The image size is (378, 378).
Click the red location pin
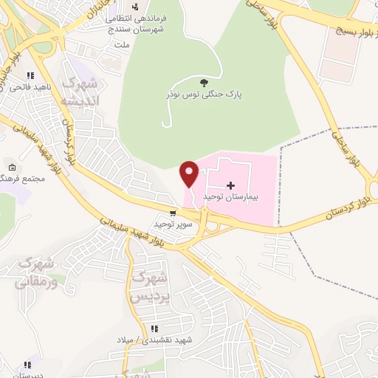coord(190,173)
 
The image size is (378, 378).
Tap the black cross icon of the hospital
coord(230,185)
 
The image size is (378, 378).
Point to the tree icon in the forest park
coord(205,81)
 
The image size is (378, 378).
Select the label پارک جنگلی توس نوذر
coord(205,95)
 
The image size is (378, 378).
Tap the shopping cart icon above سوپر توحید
coord(173,213)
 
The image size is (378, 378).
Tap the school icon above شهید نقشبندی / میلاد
coord(154,329)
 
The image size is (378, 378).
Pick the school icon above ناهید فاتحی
coord(30,75)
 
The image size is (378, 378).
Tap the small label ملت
coord(122,44)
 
